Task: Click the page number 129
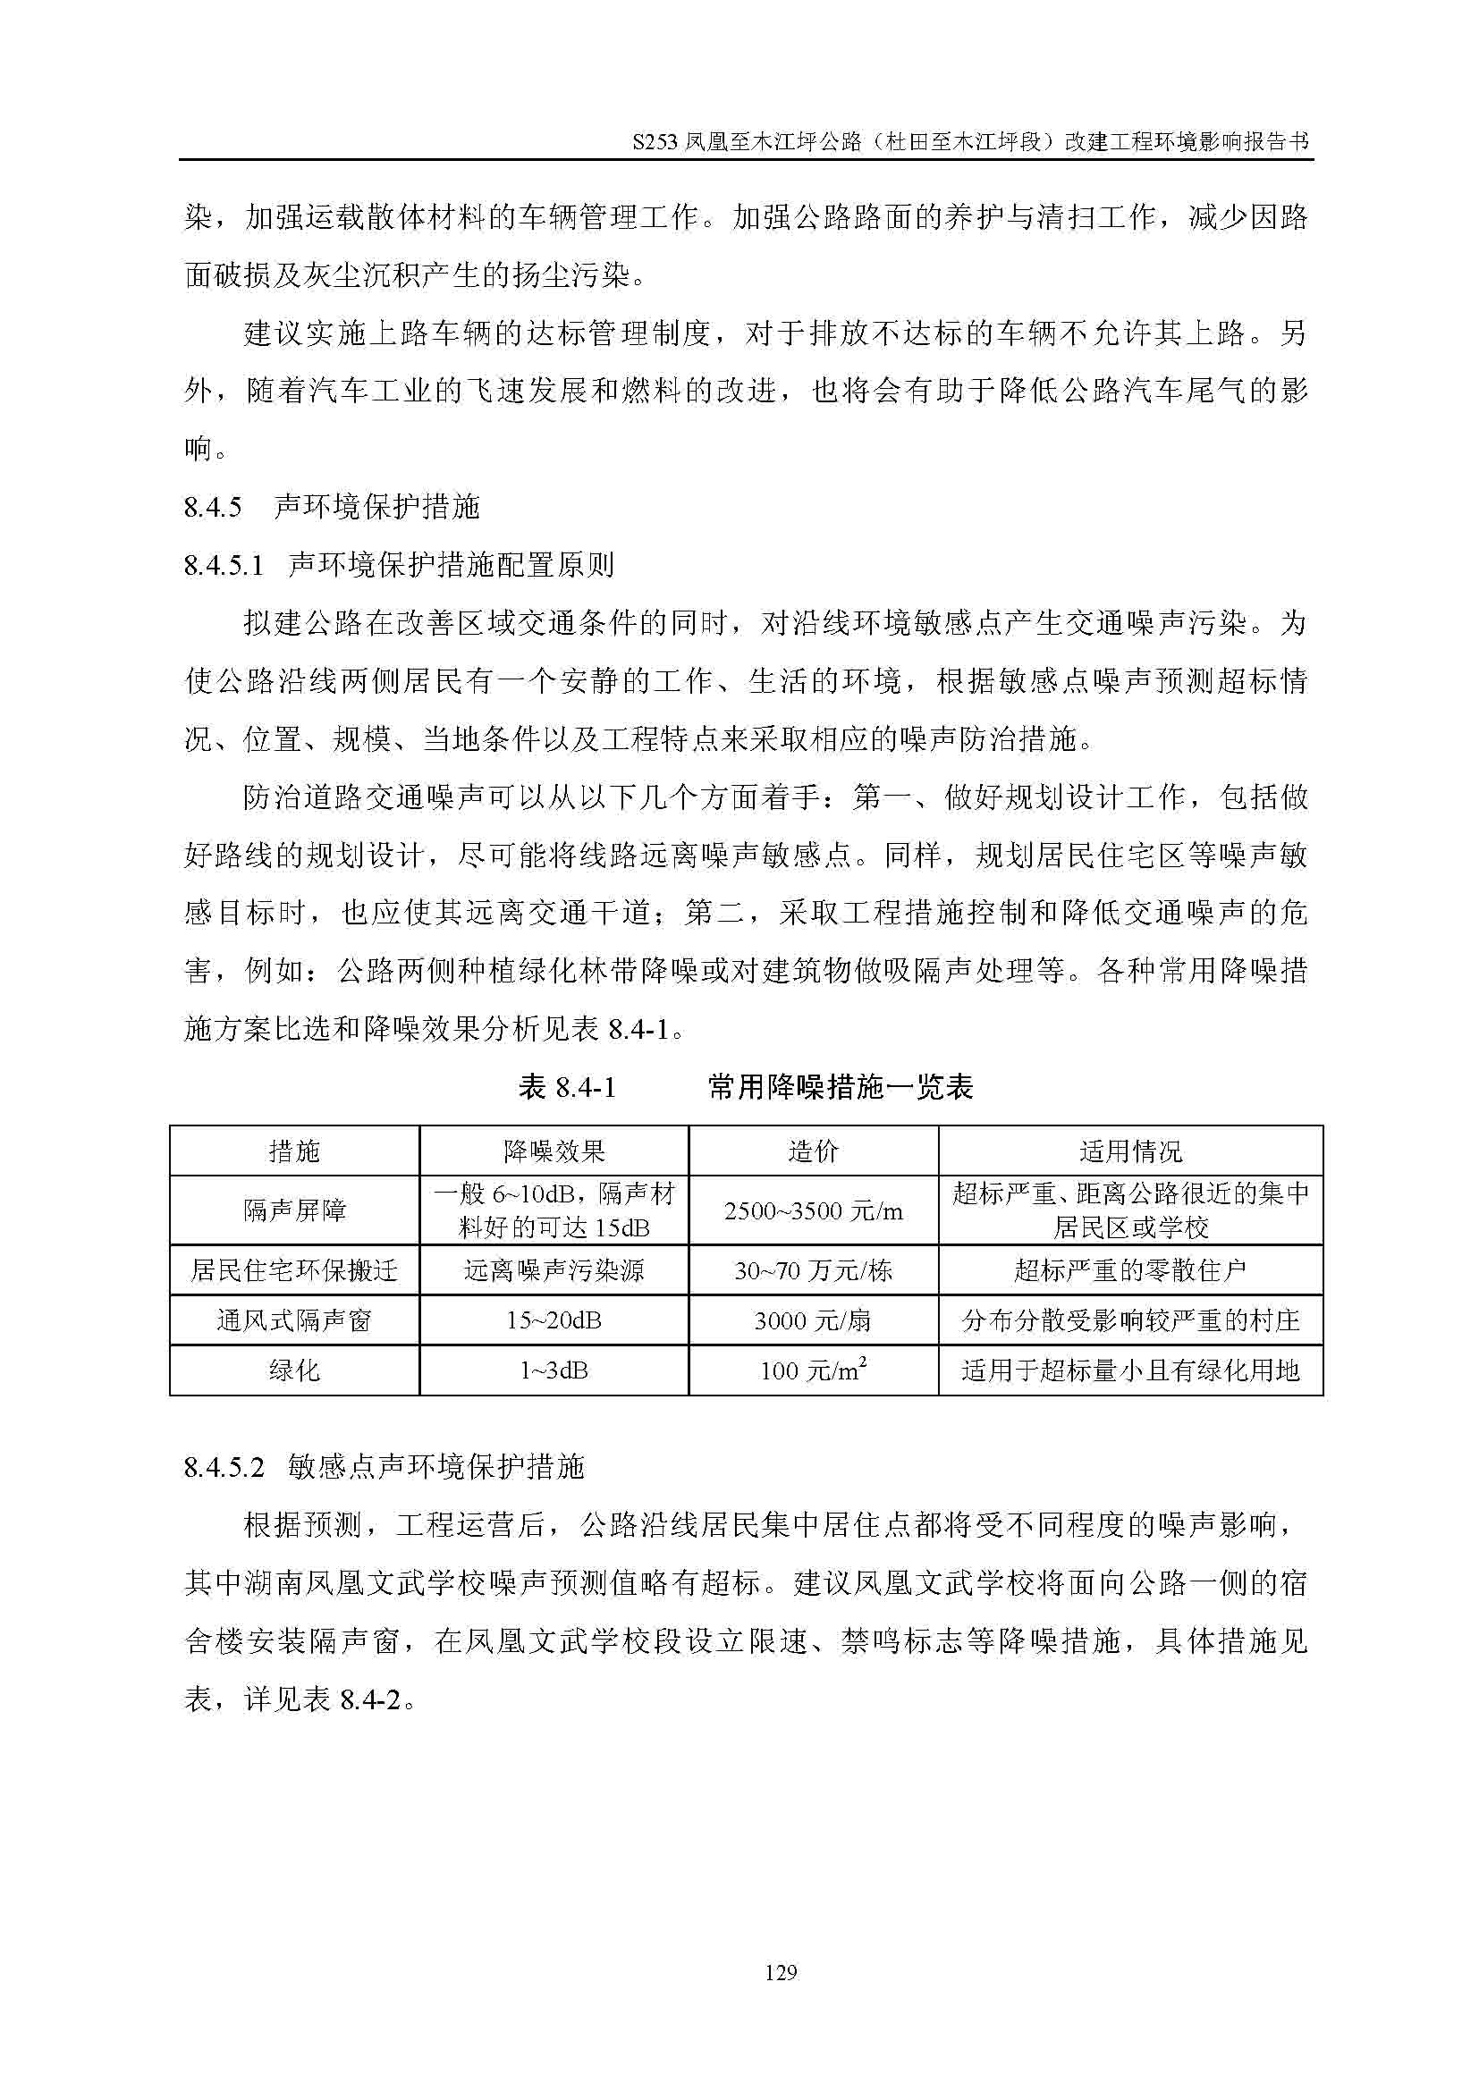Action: (782, 1972)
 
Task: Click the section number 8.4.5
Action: (213, 507)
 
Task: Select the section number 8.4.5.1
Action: (224, 566)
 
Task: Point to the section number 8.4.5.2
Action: (224, 1467)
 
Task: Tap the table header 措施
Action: (294, 1151)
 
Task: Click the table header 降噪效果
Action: (554, 1151)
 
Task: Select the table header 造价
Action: (812, 1151)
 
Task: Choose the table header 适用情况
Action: (1130, 1151)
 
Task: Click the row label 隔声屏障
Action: (294, 1210)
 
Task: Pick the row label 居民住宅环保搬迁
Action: (294, 1270)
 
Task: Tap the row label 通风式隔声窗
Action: (294, 1320)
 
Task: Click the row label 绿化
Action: (294, 1370)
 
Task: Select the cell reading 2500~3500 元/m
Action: (812, 1211)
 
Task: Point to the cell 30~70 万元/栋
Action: (812, 1270)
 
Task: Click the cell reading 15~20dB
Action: (554, 1320)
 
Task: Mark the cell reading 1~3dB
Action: (554, 1370)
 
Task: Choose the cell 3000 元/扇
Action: (812, 1320)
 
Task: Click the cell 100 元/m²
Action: (812, 1370)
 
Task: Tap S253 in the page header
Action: (655, 143)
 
